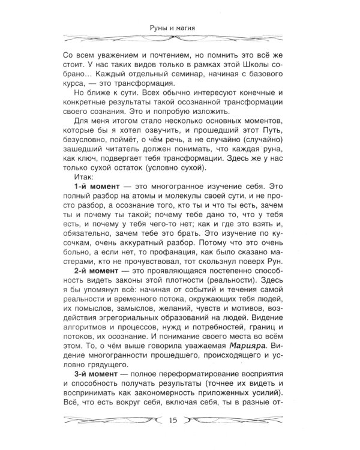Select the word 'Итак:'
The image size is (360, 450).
click(82, 178)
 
